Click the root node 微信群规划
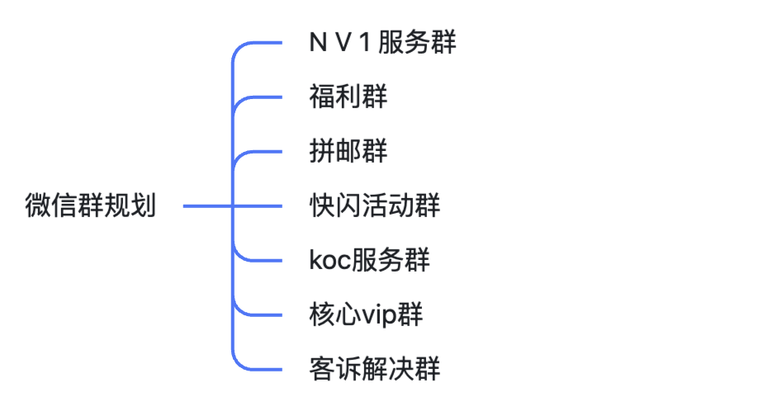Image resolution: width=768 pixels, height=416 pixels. coord(91,206)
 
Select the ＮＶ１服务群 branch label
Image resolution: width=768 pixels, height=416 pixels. coord(382,44)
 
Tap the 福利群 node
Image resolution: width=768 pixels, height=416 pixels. coord(348,97)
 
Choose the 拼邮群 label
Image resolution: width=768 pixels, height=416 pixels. coord(348,152)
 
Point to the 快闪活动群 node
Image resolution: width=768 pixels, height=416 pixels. coord(374,206)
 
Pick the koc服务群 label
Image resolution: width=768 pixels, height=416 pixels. coord(369,260)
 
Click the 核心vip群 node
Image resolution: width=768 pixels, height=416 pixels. coord(366,314)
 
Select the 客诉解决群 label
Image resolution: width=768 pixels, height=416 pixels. coord(374,368)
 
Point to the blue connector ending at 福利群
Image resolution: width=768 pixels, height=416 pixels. coord(264,97)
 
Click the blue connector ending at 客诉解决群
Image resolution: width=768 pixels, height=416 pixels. coord(264,368)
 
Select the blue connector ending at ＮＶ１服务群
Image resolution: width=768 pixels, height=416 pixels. coord(264,43)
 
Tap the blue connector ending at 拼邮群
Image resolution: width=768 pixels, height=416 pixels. coord(264,152)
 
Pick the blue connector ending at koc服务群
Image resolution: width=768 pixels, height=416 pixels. coord(264,260)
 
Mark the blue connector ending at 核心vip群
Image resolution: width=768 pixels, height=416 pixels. coord(264,314)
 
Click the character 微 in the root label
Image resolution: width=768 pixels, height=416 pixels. coord(37,206)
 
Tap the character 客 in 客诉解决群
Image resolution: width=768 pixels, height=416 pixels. coord(321,368)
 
